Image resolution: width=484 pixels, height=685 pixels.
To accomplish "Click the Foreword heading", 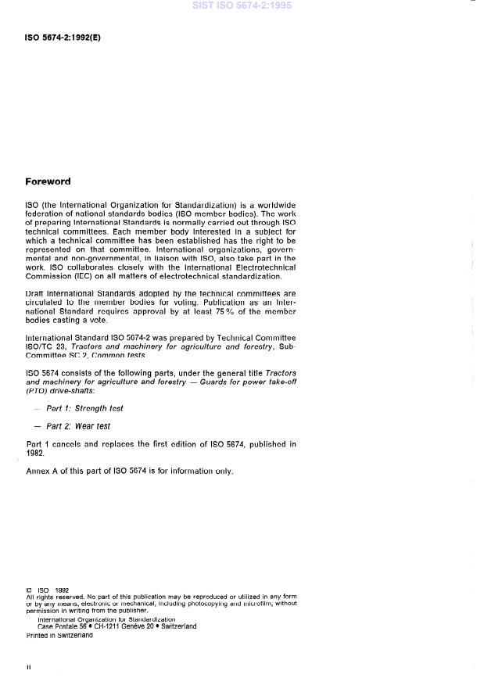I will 48,181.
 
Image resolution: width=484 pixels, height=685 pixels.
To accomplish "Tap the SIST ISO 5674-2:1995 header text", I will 242,5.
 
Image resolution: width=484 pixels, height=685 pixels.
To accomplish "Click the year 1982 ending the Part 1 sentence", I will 36,453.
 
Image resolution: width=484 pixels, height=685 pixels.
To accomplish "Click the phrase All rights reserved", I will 55,597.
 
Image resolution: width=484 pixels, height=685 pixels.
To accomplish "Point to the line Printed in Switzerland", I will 59,635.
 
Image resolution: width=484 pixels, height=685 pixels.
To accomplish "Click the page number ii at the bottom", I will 28,667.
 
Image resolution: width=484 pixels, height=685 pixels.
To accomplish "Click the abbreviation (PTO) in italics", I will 37,390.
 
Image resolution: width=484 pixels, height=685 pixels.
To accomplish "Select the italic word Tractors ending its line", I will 279,372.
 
